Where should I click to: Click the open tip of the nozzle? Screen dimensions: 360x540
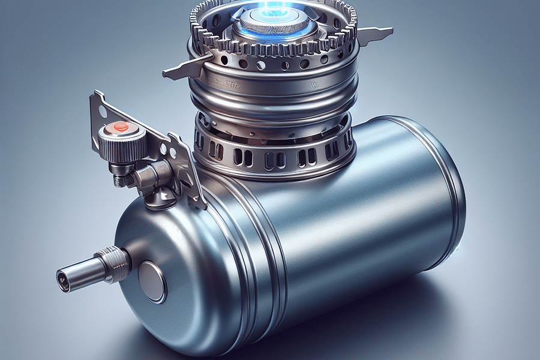pyautogui.click(x=62, y=277)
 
